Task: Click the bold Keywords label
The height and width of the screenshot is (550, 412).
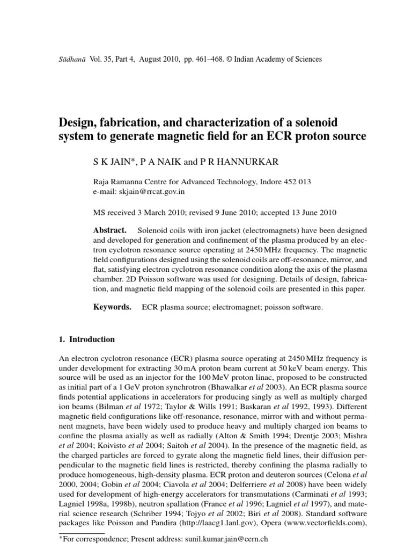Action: pos(112,307)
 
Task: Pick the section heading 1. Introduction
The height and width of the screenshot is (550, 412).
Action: pos(86,339)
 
